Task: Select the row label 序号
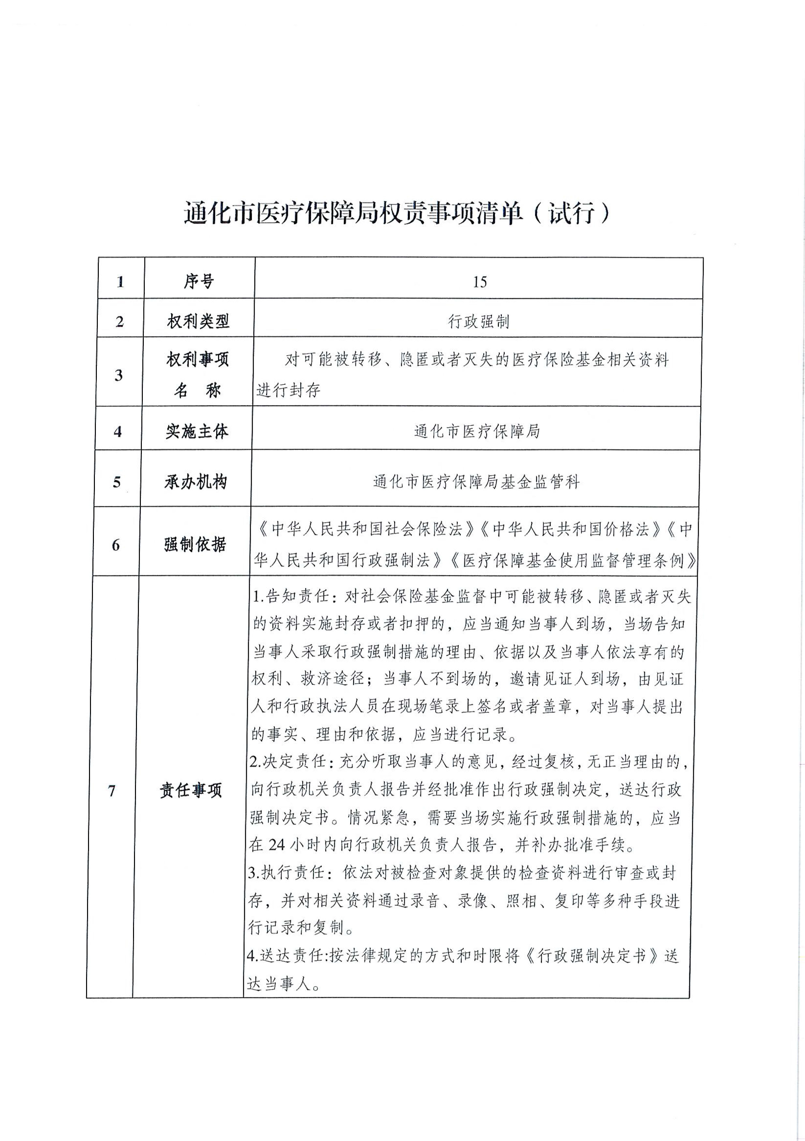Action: pyautogui.click(x=199, y=282)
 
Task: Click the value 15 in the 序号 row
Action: pyautogui.click(x=479, y=282)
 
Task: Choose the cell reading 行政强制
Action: pyautogui.click(x=479, y=321)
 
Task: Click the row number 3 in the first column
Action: pyautogui.click(x=119, y=375)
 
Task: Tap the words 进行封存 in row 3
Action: pyautogui.click(x=288, y=390)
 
